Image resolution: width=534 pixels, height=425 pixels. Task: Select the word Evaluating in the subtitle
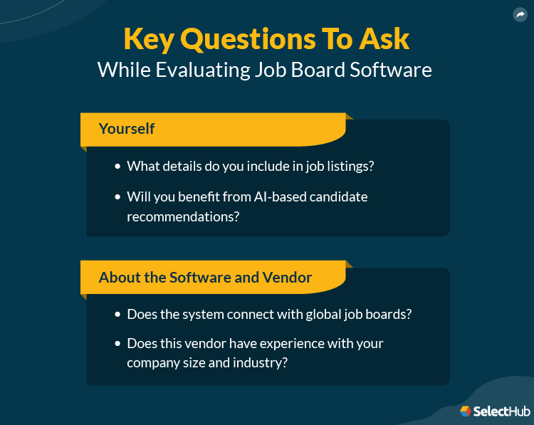[x=211, y=70]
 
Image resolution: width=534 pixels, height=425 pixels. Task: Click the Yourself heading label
[x=127, y=129]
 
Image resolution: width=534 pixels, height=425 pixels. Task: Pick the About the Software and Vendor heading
[x=205, y=277]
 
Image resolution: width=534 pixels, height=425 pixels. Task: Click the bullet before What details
[x=117, y=166]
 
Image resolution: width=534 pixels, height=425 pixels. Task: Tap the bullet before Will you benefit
[x=117, y=196]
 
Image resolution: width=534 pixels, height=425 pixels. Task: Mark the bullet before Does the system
[x=117, y=314]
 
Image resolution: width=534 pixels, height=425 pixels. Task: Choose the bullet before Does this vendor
[x=117, y=344]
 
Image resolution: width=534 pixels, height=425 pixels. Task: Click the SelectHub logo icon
[x=466, y=411]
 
